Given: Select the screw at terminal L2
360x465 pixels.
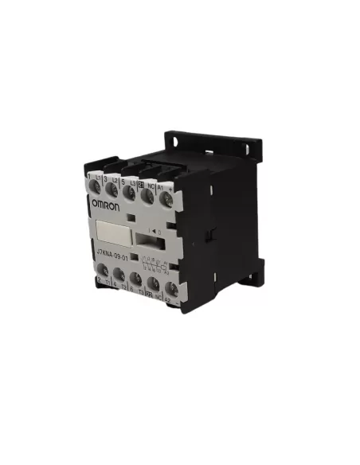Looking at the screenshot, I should point(112,189).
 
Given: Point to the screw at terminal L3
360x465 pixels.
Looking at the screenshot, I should point(129,191).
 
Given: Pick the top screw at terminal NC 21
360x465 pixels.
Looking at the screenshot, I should point(147,193).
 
